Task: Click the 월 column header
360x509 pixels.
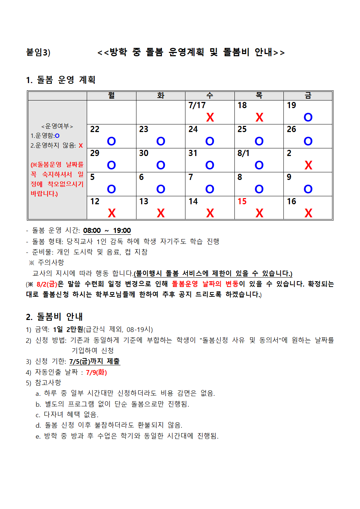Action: coord(111,95)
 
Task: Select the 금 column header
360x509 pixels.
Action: coord(308,95)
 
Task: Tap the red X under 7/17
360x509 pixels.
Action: coord(210,118)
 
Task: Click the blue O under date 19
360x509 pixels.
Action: coord(308,118)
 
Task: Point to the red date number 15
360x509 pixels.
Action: coord(242,201)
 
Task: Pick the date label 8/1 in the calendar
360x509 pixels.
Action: coord(244,153)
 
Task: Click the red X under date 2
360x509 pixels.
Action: coord(308,165)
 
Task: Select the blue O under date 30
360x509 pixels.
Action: coord(161,165)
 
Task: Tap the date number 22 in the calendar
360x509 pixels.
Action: coord(95,129)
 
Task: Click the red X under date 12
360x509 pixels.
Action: coord(111,213)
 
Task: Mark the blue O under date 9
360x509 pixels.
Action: coord(308,189)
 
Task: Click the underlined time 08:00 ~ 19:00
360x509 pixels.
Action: coord(107,231)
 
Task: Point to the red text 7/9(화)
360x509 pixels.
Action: coord(96,372)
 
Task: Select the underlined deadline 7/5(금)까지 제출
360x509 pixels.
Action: coord(94,361)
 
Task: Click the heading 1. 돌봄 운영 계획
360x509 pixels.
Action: coord(61,80)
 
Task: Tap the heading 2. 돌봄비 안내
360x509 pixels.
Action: coord(54,317)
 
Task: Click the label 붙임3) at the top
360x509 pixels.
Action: coord(38,53)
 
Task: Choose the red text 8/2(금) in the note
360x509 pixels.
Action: coord(47,284)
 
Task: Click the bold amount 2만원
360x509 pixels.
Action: coord(75,329)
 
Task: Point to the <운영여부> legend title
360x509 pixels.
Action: coord(57,126)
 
